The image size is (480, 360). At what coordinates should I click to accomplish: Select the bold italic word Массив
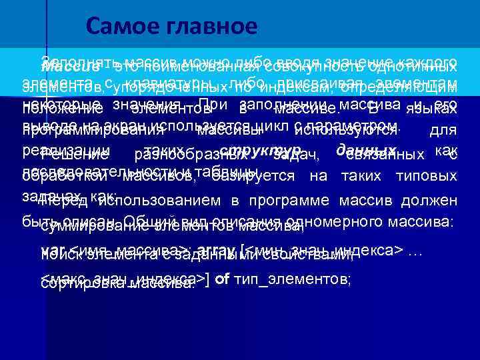pos(69,68)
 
